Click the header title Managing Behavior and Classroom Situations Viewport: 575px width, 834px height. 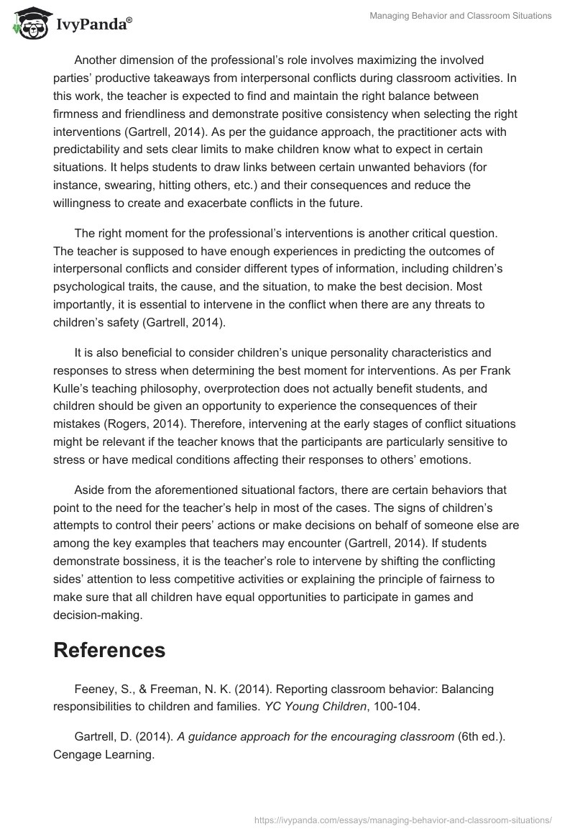pyautogui.click(x=461, y=16)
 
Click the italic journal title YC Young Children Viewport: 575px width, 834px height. pyautogui.click(x=315, y=706)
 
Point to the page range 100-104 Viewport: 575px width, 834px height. pyautogui.click(x=395, y=706)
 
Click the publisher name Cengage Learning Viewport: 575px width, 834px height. pyautogui.click(x=103, y=756)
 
